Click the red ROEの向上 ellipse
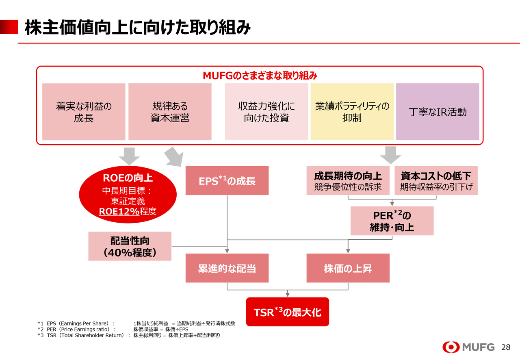128,194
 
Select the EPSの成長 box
227,181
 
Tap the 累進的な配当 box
227,268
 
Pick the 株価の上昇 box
348,268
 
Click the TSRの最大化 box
288,312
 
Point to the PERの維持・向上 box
392,221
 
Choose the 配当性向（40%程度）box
130,246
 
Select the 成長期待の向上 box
348,181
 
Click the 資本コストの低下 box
436,181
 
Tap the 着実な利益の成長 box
84,112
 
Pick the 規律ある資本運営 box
170,112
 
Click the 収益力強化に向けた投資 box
266,112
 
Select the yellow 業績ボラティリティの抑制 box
352,112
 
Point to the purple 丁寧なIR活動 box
438,112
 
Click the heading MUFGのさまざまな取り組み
260,76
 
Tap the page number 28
506,347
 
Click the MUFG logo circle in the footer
451,347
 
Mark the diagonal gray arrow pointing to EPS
174,156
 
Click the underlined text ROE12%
119,211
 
